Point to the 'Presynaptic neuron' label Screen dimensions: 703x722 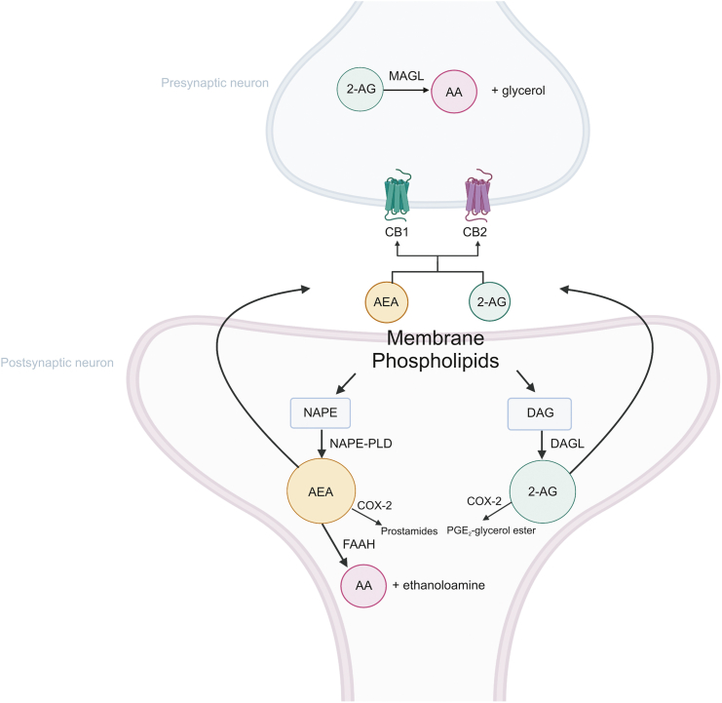(214, 83)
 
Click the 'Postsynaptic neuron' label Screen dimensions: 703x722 (58, 363)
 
